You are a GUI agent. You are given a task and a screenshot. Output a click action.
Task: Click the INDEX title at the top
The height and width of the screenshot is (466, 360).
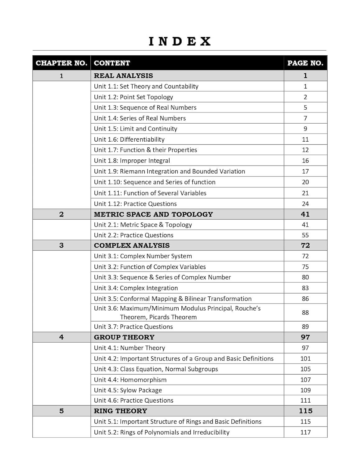[180, 41]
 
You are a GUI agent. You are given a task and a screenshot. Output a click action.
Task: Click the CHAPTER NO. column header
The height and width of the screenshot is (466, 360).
[61, 63]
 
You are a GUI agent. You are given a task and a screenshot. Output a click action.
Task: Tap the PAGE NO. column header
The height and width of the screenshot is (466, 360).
[305, 63]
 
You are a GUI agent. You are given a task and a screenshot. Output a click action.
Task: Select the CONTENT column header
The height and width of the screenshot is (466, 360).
[112, 63]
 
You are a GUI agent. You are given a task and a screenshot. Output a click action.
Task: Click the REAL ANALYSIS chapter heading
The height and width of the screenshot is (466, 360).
[123, 76]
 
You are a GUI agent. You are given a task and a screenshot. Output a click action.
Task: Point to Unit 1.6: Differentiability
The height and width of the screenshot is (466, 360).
[129, 139]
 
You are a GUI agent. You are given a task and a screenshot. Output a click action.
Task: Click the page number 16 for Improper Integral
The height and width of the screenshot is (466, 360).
[305, 161]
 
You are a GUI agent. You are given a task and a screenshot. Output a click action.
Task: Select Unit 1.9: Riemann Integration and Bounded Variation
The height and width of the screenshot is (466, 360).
[169, 171]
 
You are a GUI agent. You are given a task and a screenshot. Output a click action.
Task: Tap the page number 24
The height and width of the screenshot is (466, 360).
[305, 204]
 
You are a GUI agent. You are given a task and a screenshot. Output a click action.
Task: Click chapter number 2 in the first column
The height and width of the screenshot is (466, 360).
[61, 214]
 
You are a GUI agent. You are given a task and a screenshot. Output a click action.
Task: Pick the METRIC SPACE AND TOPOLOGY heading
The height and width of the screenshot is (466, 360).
[153, 214]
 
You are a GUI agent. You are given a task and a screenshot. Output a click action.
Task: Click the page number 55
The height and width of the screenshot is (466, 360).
[305, 235]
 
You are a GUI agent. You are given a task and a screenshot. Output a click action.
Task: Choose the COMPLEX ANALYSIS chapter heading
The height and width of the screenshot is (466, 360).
[132, 245]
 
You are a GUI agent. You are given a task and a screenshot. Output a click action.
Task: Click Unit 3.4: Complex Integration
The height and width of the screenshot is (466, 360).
[136, 288]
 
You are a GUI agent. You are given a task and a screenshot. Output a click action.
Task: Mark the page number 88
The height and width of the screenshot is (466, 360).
[305, 313]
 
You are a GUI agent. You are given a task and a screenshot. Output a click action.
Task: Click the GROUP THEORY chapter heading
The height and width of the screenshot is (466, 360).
[124, 337]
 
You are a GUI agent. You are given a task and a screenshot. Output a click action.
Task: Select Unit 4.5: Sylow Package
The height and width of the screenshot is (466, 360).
[128, 390]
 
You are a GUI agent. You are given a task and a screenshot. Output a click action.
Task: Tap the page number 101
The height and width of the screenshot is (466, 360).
[305, 359]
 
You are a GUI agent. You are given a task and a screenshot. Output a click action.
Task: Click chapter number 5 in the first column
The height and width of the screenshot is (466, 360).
[61, 411]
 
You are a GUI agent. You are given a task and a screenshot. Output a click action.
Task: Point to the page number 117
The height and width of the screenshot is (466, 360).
[305, 432]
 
